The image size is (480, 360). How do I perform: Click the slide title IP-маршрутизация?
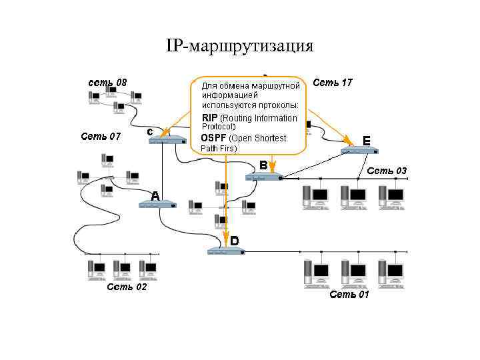[x=239, y=46]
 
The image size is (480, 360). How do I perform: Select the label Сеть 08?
[x=108, y=83]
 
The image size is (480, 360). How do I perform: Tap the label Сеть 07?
[x=101, y=137]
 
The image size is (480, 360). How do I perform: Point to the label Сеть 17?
[x=332, y=83]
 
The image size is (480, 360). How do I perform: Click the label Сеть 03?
[x=386, y=171]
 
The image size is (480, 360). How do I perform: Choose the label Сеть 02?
[x=127, y=287]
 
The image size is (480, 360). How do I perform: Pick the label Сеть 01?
[x=349, y=295]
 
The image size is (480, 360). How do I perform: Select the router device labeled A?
[x=158, y=205]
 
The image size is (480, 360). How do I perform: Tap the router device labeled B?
[x=264, y=177]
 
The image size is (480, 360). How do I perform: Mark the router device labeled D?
[x=226, y=251]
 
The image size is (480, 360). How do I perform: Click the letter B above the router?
[x=263, y=164]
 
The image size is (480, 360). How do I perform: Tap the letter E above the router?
[x=366, y=140]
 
